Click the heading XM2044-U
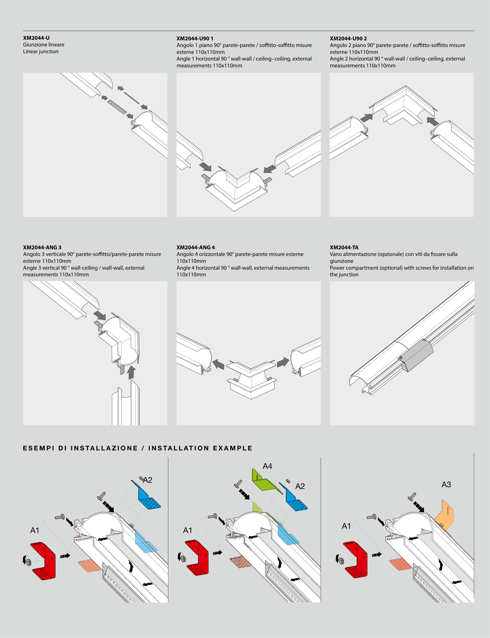(36, 38)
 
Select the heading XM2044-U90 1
(195, 38)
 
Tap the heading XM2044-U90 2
(348, 38)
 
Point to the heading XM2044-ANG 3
(42, 247)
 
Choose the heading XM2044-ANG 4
(196, 247)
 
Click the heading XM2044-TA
(344, 247)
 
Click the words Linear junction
(41, 52)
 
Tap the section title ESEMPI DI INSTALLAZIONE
(80, 448)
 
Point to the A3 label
(446, 484)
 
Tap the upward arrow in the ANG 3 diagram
(132, 373)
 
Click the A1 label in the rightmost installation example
(346, 526)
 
